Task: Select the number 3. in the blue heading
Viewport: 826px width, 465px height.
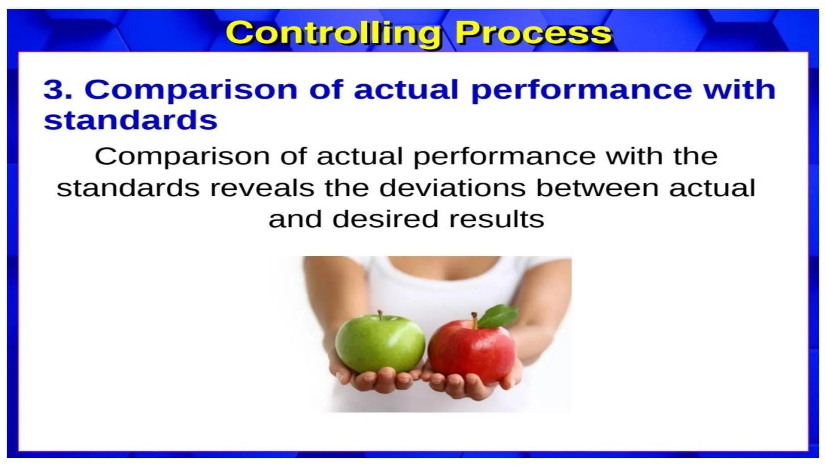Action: tap(58, 90)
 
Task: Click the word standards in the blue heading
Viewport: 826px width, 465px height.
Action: tap(130, 120)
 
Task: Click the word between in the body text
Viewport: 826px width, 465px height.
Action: tap(597, 188)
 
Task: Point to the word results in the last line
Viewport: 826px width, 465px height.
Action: tap(496, 220)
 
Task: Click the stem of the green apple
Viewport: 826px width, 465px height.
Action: tap(380, 315)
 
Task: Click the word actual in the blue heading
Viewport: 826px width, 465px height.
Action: tap(406, 90)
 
